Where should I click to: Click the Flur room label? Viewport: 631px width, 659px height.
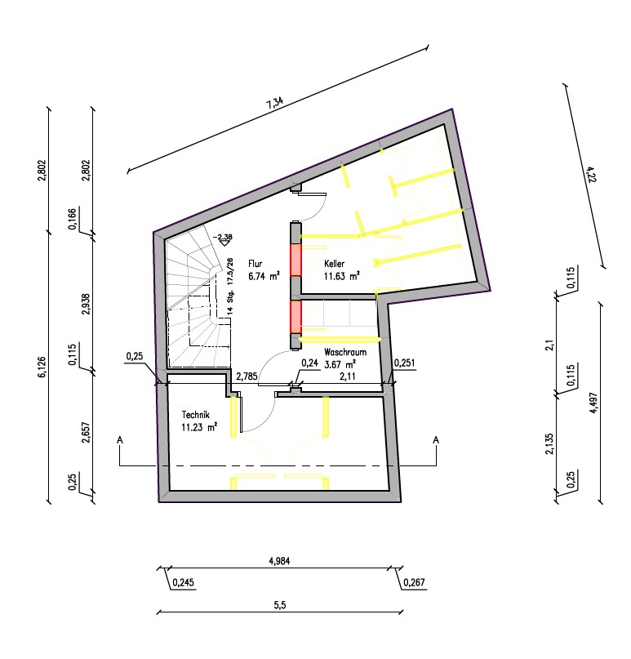tap(256, 264)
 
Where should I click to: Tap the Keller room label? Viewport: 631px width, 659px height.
tap(335, 264)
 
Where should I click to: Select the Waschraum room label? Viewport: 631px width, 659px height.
tap(345, 352)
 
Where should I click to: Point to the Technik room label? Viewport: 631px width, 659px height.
tap(195, 415)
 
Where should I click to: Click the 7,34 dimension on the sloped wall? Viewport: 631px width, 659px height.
tap(275, 103)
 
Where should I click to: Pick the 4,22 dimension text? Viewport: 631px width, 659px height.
tap(590, 174)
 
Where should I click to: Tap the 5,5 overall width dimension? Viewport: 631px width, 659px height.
tap(280, 605)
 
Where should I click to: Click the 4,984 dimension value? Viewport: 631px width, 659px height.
tap(279, 561)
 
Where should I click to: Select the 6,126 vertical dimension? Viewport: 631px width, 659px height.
tap(42, 367)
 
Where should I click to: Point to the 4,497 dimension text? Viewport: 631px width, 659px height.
tap(593, 403)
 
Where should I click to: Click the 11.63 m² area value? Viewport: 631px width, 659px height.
tap(342, 276)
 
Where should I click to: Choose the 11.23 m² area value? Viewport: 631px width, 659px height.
tap(199, 427)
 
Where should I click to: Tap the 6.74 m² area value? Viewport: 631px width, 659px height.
tap(264, 276)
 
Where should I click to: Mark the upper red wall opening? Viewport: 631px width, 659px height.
tap(296, 260)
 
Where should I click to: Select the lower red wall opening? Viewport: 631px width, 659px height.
tap(296, 316)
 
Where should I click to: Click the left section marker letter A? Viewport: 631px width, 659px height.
tap(120, 440)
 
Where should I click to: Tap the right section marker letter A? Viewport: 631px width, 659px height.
tap(436, 440)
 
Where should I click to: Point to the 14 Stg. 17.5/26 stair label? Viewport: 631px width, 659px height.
tap(230, 286)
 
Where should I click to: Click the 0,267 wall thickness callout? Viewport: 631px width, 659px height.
tap(414, 582)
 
